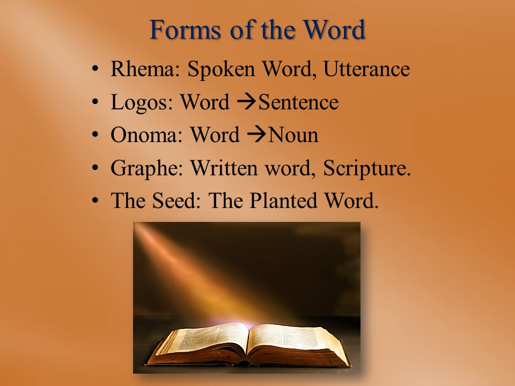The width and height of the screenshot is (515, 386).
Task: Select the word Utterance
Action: [366, 69]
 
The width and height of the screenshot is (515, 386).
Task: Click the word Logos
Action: [142, 103]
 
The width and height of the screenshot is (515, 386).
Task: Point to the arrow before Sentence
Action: [246, 102]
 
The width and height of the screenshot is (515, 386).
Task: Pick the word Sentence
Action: [299, 102]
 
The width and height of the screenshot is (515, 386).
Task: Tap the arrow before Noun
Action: [256, 135]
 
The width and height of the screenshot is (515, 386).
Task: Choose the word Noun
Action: [293, 135]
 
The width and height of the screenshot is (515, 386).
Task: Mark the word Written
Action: [224, 168]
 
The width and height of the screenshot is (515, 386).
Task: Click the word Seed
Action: [176, 201]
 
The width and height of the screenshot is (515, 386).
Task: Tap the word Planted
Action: [283, 201]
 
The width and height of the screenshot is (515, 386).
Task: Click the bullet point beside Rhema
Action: [95, 69]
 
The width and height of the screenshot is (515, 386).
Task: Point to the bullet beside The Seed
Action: [95, 201]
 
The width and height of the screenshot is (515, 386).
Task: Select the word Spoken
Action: [221, 70]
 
